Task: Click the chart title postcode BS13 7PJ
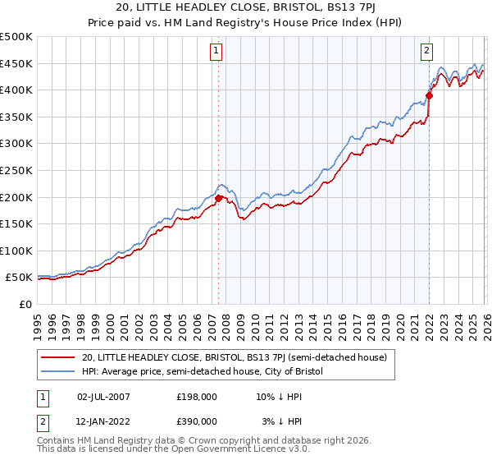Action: pos(344,8)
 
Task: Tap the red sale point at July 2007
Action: pos(218,198)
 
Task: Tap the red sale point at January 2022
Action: pos(429,95)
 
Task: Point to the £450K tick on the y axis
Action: pos(16,64)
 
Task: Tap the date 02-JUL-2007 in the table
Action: pos(103,397)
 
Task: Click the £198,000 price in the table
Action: pos(196,397)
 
